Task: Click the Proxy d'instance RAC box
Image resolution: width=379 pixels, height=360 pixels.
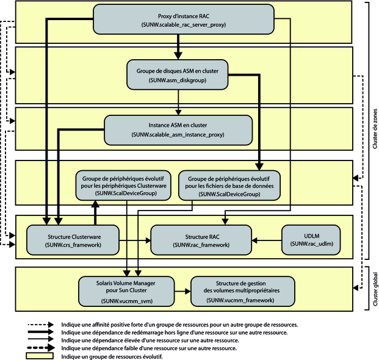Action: (184, 20)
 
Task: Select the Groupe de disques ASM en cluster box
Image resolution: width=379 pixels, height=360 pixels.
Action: (178, 74)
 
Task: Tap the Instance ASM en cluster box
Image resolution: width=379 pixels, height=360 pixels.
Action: (178, 130)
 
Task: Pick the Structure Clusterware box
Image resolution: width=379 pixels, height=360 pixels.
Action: (73, 240)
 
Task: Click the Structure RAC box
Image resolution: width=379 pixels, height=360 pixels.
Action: (201, 240)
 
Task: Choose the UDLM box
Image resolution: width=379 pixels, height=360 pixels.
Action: (311, 240)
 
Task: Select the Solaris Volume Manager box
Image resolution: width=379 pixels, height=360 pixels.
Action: (126, 292)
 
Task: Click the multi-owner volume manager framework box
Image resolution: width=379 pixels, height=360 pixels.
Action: (243, 292)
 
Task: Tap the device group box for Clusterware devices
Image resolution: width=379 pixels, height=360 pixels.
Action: (123, 185)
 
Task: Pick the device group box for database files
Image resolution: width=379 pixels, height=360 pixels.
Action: (229, 185)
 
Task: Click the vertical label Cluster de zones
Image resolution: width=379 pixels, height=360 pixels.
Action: (375, 129)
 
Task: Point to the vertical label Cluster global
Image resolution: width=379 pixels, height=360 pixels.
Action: (375, 289)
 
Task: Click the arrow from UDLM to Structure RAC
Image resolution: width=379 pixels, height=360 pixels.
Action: (267, 240)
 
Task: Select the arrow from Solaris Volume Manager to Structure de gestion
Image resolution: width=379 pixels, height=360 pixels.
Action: (182, 292)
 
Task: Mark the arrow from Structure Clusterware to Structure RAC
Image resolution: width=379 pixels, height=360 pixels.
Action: (135, 240)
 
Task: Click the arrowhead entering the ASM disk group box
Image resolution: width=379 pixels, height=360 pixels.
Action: (178, 56)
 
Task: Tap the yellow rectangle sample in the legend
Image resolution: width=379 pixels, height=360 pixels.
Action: (40, 356)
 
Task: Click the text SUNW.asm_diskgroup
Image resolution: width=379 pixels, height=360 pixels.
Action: (178, 80)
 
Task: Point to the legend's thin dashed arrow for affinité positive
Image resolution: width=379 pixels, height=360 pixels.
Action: (41, 325)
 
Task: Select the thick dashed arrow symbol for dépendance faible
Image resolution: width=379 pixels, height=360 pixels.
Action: (41, 348)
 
